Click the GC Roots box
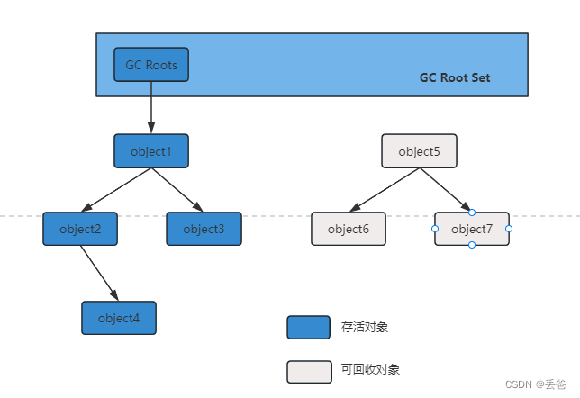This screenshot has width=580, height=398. pyautogui.click(x=151, y=65)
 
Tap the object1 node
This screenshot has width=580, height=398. pyautogui.click(x=151, y=151)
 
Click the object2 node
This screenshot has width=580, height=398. pyautogui.click(x=80, y=229)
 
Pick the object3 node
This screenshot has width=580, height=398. pyautogui.click(x=204, y=229)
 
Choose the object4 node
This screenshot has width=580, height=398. pyautogui.click(x=119, y=318)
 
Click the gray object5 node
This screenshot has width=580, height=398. pyautogui.click(x=419, y=151)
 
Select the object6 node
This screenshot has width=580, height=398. pyautogui.click(x=349, y=229)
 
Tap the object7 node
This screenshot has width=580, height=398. pyautogui.click(x=472, y=229)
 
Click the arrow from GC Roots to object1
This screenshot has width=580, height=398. pyautogui.click(x=151, y=108)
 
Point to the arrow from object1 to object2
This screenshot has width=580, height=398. pyautogui.click(x=116, y=190)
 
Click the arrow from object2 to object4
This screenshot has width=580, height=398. pyautogui.click(x=99, y=273)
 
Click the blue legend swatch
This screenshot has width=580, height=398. pyautogui.click(x=308, y=328)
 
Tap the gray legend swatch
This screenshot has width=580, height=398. pyautogui.click(x=308, y=371)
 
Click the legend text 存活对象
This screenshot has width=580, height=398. pyautogui.click(x=365, y=328)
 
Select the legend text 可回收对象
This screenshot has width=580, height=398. pyautogui.click(x=370, y=370)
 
